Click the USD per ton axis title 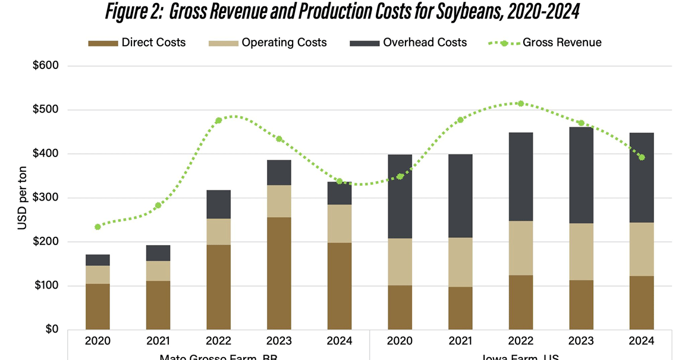[x=21, y=198]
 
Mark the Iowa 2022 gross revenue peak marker [x=520, y=104]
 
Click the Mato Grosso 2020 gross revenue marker [x=98, y=227]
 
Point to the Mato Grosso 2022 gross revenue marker [x=218, y=120]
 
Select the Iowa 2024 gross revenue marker [x=642, y=158]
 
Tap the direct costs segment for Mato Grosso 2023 [x=279, y=273]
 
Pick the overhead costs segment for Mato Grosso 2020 [x=98, y=260]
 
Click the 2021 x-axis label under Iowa [x=460, y=342]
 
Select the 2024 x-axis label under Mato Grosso [x=340, y=342]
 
